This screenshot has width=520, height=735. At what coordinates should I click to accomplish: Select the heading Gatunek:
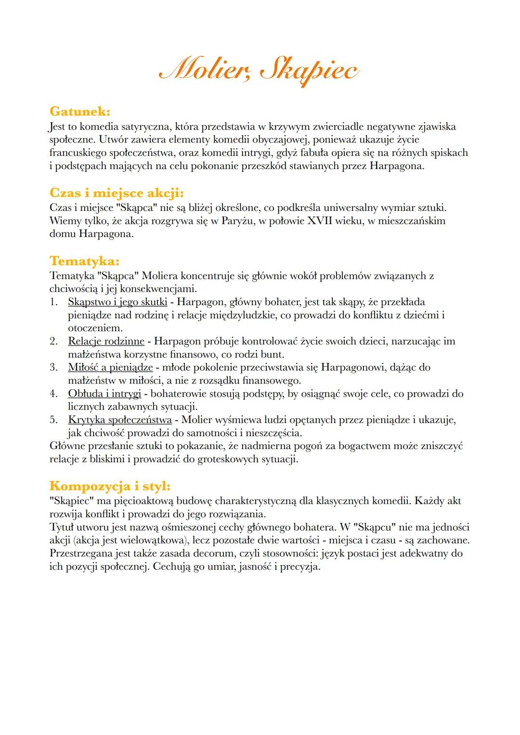pyautogui.click(x=80, y=112)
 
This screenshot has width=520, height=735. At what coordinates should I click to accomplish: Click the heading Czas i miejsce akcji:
pyautogui.click(x=117, y=193)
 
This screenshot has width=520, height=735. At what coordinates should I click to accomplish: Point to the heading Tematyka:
pyautogui.click(x=84, y=261)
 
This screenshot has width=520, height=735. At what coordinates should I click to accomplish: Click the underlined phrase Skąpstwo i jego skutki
pyautogui.click(x=117, y=302)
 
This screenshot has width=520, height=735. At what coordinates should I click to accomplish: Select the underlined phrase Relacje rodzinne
pyautogui.click(x=106, y=341)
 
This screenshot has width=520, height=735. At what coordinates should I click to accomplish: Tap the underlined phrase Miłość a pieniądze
pyautogui.click(x=110, y=367)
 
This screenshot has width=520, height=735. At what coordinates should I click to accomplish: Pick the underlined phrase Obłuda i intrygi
pyautogui.click(x=104, y=394)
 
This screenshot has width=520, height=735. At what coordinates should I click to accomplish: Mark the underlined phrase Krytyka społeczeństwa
pyautogui.click(x=120, y=420)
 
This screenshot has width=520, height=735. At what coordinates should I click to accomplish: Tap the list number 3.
pyautogui.click(x=53, y=367)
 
